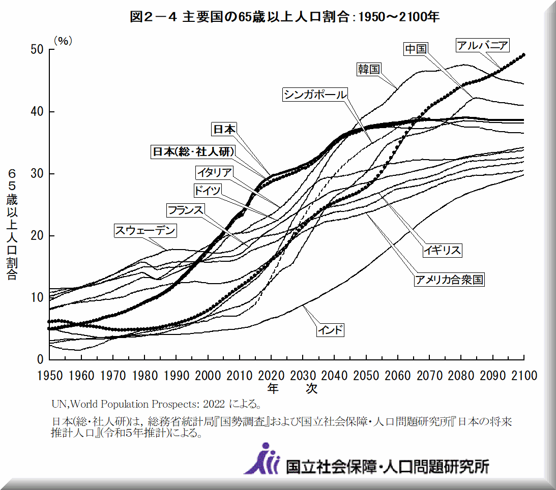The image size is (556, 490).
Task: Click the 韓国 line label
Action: tap(369, 69)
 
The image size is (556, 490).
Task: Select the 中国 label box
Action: tap(415, 49)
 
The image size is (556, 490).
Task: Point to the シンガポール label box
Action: tap(315, 95)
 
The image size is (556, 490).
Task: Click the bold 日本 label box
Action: tap(224, 130)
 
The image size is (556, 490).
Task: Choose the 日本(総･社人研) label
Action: tap(193, 152)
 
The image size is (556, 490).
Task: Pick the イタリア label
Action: tap(215, 172)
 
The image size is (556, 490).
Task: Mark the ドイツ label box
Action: tap(208, 191)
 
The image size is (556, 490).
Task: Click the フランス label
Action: tap(186, 210)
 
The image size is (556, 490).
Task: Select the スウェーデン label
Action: tap(145, 231)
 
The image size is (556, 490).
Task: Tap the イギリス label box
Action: tap(443, 250)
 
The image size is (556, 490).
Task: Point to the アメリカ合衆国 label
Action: tap(448, 280)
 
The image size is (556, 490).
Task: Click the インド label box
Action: tap(330, 330)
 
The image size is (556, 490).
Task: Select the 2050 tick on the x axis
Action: tap(366, 376)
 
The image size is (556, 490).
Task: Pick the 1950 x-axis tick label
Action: tap(50, 376)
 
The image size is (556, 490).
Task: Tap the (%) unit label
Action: tap(63, 41)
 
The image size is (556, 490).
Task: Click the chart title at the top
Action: tap(284, 17)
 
